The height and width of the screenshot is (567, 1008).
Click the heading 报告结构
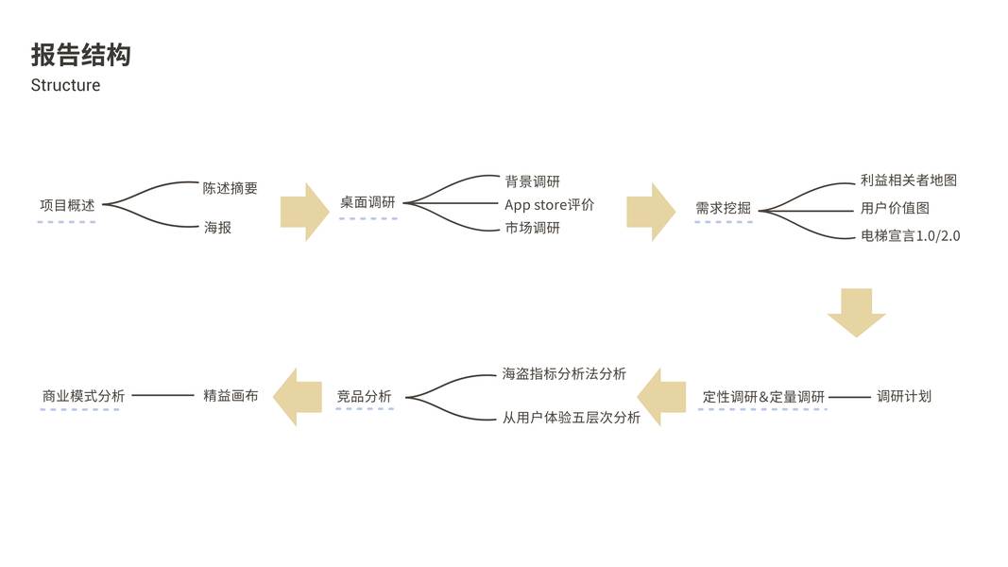click(x=80, y=55)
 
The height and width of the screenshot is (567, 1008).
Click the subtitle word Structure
click(x=65, y=85)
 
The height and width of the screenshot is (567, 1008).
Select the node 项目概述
click(x=67, y=205)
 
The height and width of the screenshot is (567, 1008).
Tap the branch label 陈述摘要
click(x=230, y=188)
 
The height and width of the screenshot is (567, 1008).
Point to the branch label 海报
click(x=217, y=228)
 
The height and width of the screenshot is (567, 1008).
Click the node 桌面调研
click(x=367, y=202)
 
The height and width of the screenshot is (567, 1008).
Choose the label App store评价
click(x=549, y=204)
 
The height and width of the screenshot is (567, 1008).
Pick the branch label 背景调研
click(x=532, y=181)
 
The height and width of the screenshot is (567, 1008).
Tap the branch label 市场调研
click(x=532, y=228)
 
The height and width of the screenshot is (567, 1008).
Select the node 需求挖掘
click(x=723, y=208)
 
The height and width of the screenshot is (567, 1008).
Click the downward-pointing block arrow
click(x=856, y=312)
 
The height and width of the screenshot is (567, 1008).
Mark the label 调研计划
click(x=904, y=396)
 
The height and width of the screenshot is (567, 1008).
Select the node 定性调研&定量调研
click(x=763, y=397)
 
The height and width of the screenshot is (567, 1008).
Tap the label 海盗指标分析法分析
click(x=564, y=374)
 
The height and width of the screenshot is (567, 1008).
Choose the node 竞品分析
click(x=364, y=397)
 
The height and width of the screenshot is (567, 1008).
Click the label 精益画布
click(x=231, y=396)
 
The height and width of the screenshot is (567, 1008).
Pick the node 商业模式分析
click(x=83, y=397)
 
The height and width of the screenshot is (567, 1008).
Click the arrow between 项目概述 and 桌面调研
click(x=304, y=212)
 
